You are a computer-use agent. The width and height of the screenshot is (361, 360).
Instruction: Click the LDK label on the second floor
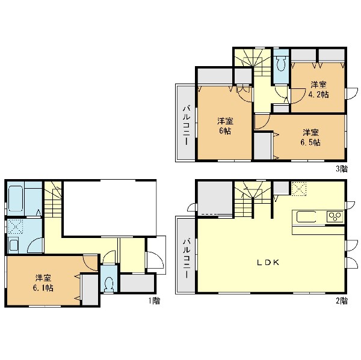click(x=268, y=263)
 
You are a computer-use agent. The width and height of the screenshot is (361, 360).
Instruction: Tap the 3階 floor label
click(x=342, y=169)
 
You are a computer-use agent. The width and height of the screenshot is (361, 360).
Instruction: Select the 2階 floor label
click(x=342, y=301)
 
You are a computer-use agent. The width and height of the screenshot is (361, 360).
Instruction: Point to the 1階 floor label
click(x=154, y=301)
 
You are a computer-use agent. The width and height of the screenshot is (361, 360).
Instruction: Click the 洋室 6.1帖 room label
click(x=43, y=283)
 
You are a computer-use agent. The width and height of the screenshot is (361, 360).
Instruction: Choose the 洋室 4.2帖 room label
click(x=319, y=90)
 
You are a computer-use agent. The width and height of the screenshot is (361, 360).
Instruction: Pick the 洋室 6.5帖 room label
click(x=310, y=138)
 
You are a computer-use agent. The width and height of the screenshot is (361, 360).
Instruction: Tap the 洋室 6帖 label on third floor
click(x=225, y=126)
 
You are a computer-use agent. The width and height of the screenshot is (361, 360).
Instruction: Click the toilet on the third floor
click(x=281, y=63)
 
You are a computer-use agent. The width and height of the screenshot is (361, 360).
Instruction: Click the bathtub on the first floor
click(x=15, y=198)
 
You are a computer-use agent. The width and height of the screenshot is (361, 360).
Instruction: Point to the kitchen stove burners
click(x=335, y=216)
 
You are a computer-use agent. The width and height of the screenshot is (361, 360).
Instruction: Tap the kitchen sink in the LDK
click(x=306, y=217)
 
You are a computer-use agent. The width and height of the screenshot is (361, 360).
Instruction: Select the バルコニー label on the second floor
click(x=187, y=258)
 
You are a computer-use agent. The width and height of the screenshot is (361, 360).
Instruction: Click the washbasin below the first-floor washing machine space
click(x=13, y=245)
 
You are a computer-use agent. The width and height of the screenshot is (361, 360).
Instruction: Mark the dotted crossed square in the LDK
click(x=299, y=189)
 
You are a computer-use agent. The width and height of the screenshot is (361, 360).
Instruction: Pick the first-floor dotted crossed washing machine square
click(x=16, y=227)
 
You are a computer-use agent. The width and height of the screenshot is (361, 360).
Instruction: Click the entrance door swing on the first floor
click(x=155, y=260)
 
